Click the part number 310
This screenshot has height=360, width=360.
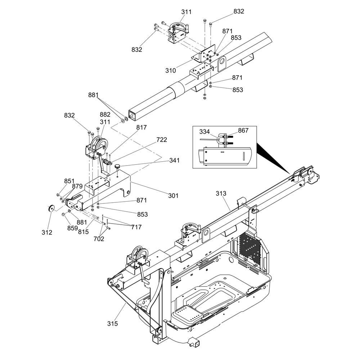tap(171, 71)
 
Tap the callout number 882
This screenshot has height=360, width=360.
tap(105, 114)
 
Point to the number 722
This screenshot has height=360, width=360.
tap(161, 140)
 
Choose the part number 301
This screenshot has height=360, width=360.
tap(173, 195)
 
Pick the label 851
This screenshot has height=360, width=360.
tap(69, 181)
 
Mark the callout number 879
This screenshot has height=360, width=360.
tap(77, 186)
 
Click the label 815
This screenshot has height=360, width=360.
tap(83, 232)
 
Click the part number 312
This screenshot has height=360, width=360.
tap(46, 233)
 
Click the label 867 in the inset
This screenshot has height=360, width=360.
tap(243, 130)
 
